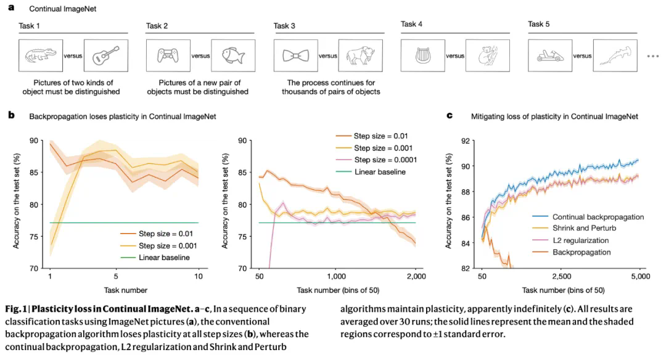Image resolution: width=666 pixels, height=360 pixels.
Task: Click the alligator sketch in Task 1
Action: click(40, 57)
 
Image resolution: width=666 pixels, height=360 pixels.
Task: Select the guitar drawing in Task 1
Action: click(105, 57)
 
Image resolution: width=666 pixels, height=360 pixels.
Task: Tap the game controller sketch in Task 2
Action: click(168, 56)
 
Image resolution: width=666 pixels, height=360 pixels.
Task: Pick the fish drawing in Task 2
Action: click(233, 56)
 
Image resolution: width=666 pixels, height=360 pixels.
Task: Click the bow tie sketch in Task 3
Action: click(295, 56)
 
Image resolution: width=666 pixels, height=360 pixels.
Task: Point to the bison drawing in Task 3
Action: click(361, 56)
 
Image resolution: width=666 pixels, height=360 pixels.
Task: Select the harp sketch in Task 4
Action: click(422, 55)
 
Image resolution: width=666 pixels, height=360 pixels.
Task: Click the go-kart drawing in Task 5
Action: click(549, 55)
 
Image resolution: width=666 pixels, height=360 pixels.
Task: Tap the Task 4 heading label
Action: click(413, 25)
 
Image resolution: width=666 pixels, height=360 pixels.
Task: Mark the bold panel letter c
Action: click(449, 115)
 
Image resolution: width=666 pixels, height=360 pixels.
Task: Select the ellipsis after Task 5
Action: click(653, 56)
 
